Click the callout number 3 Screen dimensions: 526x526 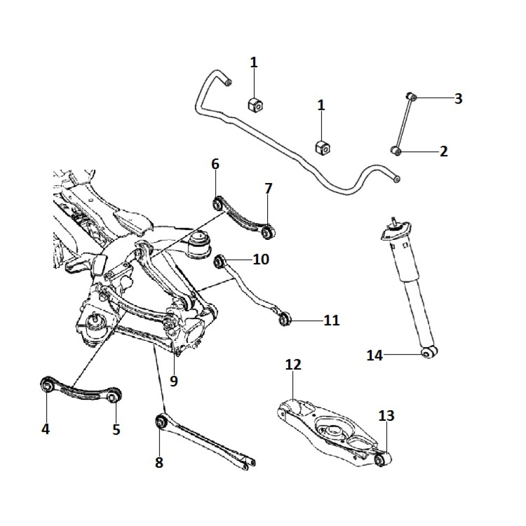(x=458, y=98)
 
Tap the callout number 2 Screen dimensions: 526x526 (x=443, y=152)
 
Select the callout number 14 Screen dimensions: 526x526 (x=375, y=356)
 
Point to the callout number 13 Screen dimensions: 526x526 (x=386, y=416)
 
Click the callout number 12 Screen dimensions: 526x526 (x=293, y=365)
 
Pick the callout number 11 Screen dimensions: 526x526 (x=332, y=320)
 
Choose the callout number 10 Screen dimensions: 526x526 (x=261, y=259)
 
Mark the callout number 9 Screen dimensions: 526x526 (x=174, y=380)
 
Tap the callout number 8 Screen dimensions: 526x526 (x=159, y=462)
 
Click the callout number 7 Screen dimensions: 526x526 (x=268, y=188)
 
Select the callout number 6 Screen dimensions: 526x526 (x=215, y=164)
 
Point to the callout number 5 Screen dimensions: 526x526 (x=116, y=429)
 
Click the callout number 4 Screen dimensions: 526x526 (x=46, y=429)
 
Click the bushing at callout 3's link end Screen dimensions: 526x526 (x=413, y=97)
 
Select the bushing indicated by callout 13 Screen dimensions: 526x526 (x=382, y=460)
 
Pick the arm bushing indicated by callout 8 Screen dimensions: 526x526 (x=161, y=421)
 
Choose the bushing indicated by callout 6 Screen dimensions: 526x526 (x=217, y=202)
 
